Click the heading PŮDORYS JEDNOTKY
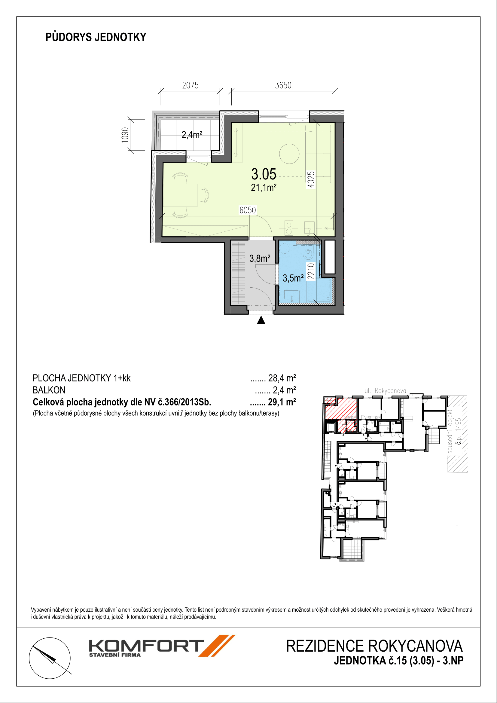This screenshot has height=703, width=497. (96, 37)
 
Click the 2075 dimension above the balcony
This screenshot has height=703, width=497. (190, 85)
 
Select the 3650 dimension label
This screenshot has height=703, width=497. (283, 85)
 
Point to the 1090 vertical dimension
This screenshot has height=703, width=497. (125, 135)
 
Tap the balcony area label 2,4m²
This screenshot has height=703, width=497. (192, 134)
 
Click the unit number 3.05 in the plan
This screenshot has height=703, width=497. (264, 174)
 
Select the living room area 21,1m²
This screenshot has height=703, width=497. (264, 187)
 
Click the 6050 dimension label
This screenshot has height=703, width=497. (248, 210)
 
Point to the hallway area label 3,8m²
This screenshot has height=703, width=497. (260, 258)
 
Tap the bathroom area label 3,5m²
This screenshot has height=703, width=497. (293, 278)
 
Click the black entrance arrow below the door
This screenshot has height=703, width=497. (261, 320)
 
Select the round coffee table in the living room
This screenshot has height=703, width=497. (289, 154)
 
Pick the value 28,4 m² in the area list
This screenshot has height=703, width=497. (282, 378)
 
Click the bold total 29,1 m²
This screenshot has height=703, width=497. (282, 402)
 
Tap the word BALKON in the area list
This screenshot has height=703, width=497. (49, 390)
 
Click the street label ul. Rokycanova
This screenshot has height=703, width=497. (385, 391)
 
